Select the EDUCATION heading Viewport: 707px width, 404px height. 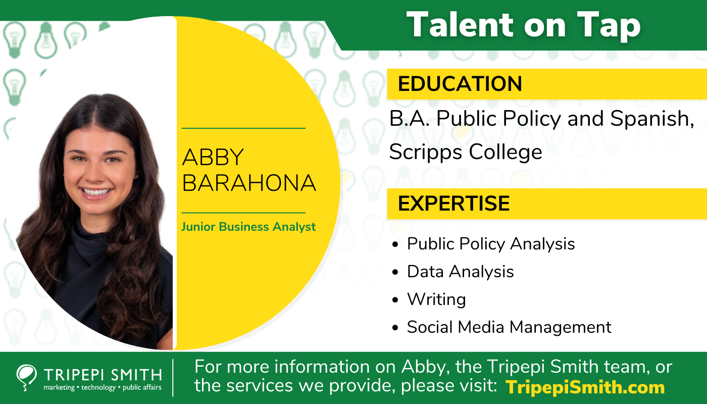click(460, 84)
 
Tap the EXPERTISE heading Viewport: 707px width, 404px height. click(453, 203)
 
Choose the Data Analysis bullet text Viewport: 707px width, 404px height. click(460, 272)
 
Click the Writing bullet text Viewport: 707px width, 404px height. click(436, 299)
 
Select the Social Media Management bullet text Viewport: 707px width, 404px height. click(509, 327)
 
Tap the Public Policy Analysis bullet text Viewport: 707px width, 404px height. click(491, 244)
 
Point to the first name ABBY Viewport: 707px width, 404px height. click(213, 158)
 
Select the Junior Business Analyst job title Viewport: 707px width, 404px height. click(248, 227)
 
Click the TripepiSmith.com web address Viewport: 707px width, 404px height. click(585, 387)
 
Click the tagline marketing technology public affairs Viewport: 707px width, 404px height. click(103, 387)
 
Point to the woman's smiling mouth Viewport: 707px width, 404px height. click(96, 192)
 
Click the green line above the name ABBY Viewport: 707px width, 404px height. click(243, 128)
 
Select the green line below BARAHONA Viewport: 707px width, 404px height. click(243, 213)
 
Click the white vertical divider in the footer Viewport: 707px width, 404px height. click(173, 378)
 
